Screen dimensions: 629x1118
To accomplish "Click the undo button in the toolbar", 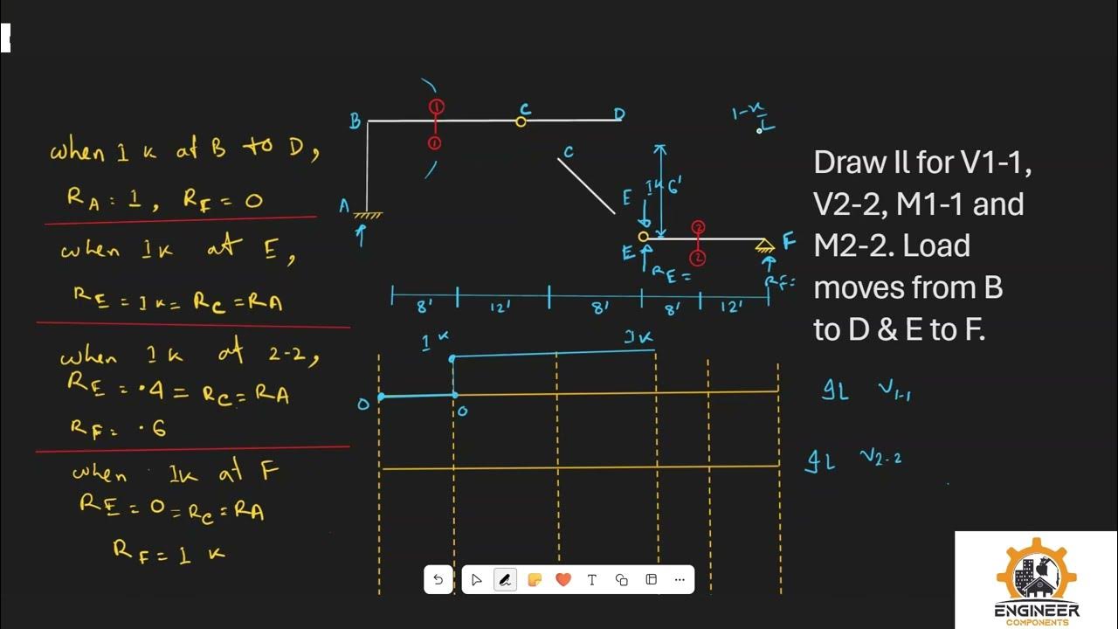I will click(x=438, y=579).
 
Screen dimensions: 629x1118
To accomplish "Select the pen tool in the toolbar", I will click(x=505, y=579).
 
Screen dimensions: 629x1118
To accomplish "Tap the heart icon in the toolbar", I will click(x=563, y=579).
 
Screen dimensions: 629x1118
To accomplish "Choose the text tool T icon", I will click(x=592, y=579).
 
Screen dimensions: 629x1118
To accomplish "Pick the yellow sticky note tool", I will click(x=535, y=579).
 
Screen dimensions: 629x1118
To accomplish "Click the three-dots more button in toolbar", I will click(x=680, y=579).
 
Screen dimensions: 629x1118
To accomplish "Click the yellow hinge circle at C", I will click(x=521, y=121).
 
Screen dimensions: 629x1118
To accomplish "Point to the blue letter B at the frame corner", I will click(x=355, y=121).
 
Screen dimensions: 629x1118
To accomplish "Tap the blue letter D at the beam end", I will click(x=619, y=114).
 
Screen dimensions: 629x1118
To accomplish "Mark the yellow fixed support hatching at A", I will click(x=368, y=214).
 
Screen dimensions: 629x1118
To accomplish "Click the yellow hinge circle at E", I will click(x=644, y=236).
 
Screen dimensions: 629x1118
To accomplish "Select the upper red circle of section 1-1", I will click(x=437, y=107).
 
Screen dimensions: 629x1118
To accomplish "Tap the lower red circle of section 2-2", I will click(x=698, y=258).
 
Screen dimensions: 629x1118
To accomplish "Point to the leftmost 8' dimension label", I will click(x=424, y=307).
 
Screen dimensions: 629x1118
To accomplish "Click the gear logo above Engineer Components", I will click(x=1037, y=572).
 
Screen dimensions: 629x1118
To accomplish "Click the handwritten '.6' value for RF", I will click(x=154, y=427).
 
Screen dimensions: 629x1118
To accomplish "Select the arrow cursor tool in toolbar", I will click(x=476, y=579).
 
